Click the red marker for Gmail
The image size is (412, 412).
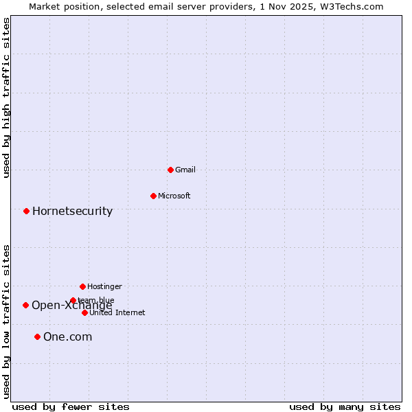170,170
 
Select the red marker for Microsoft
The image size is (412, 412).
153,196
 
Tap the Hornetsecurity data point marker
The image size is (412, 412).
26,211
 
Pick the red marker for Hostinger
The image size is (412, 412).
82,286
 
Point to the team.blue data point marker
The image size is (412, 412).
73,300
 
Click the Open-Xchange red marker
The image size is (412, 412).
25,305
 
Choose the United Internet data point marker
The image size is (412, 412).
84,312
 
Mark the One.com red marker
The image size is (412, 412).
37,336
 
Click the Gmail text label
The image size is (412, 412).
185,170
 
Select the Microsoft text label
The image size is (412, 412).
174,196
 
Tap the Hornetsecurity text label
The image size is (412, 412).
72,211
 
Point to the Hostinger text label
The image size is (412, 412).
104,286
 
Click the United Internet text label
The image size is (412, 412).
117,312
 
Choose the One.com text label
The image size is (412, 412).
67,336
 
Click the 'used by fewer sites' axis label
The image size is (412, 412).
71,407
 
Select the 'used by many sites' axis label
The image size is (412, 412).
344,407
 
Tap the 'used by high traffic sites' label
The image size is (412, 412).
7,98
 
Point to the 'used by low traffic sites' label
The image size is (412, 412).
7,321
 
